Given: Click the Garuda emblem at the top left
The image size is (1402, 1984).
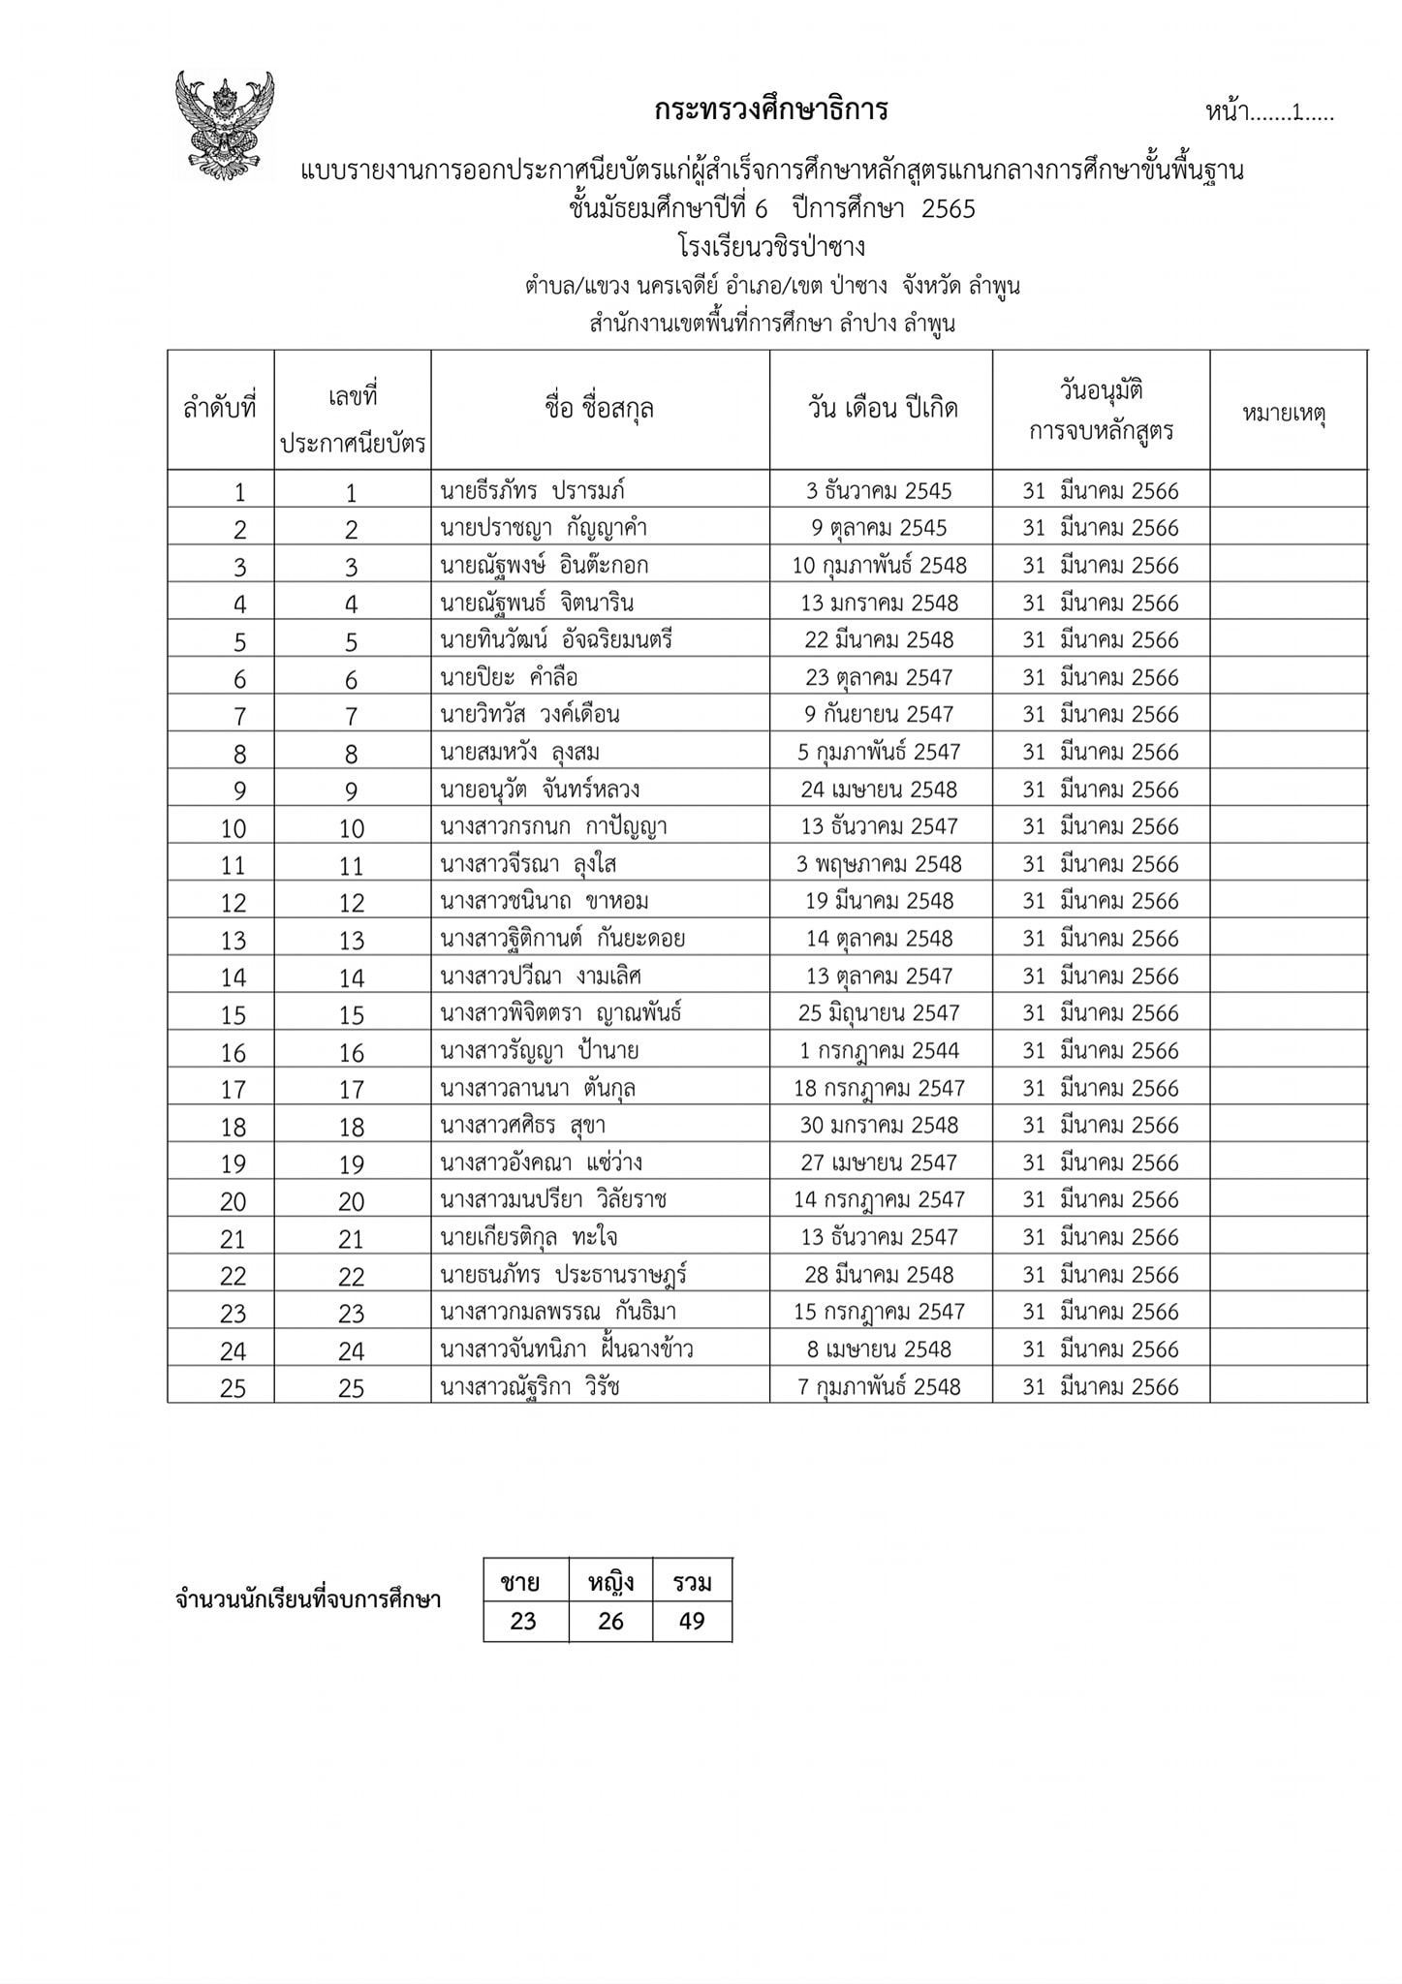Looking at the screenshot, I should click(225, 125).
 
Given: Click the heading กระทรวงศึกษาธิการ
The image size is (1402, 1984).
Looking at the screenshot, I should click(770, 110).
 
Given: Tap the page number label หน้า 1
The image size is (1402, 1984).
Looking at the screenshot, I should click(1268, 112).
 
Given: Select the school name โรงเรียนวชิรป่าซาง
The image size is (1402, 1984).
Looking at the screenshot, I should click(772, 247).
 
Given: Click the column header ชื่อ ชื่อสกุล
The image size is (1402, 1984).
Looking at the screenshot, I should click(600, 409).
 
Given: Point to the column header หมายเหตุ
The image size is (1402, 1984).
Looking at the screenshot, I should click(1284, 414).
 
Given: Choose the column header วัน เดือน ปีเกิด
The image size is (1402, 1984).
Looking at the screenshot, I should click(882, 409).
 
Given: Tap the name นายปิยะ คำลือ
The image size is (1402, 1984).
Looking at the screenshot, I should click(509, 677).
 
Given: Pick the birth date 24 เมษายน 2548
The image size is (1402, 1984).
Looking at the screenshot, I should click(879, 790).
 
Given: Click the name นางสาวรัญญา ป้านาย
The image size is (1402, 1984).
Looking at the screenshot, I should click(539, 1051).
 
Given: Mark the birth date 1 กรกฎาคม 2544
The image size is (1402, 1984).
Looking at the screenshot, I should click(879, 1051).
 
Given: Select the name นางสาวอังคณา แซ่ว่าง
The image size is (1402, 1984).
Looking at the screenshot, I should click(541, 1162).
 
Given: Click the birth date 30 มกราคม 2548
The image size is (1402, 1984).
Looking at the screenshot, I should click(879, 1126).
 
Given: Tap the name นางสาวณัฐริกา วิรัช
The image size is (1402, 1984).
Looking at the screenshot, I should click(530, 1387).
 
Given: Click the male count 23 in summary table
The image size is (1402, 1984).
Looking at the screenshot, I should click(523, 1622).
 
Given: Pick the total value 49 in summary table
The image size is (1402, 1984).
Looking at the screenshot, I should click(692, 1622).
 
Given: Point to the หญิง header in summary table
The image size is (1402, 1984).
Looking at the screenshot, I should click(610, 1584).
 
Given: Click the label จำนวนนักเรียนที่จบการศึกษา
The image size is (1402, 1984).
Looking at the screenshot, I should click(308, 1599).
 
